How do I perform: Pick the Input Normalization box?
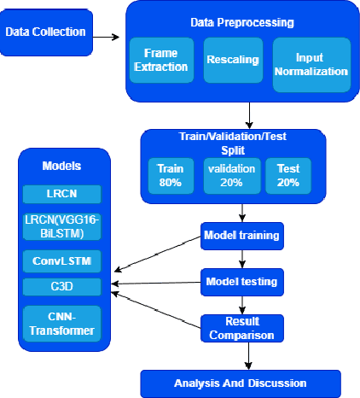click(310, 60)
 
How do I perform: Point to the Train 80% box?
click(170, 176)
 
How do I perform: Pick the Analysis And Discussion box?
click(241, 383)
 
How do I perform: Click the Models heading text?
click(62, 164)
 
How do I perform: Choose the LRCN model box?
click(62, 192)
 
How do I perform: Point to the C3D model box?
click(62, 284)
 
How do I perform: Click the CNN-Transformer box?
click(62, 324)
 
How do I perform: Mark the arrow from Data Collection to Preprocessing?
click(106, 37)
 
